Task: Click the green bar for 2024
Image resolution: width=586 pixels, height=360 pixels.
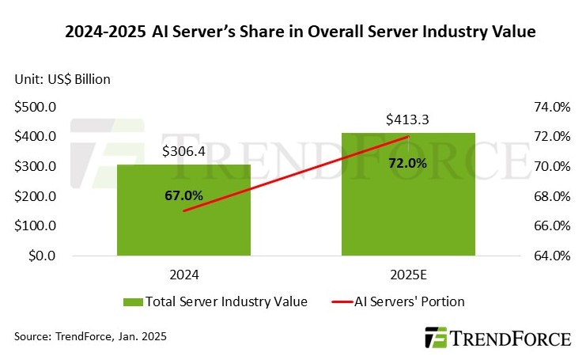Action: coord(183,225)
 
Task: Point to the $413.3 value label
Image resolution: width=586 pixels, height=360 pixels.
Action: coord(408,120)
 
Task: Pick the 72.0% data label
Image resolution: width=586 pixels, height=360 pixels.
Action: coord(408,163)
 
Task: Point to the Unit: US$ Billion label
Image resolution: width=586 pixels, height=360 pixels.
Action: coord(62,78)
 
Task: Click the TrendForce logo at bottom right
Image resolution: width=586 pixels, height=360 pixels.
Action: coord(497,339)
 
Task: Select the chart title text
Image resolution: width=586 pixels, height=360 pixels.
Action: coord(293,33)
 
